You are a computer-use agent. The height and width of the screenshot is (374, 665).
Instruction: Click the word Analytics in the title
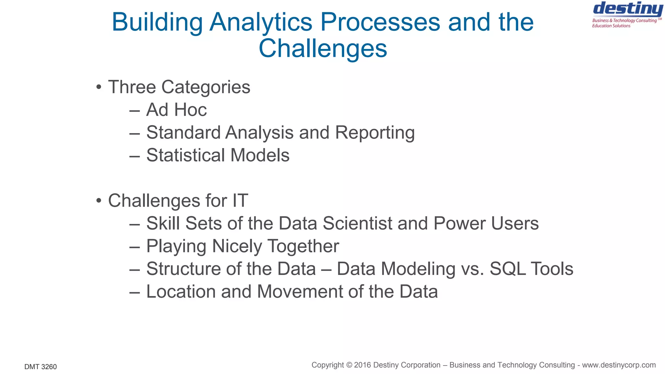coord(261,22)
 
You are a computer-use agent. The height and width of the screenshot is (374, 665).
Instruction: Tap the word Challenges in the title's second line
coord(323,48)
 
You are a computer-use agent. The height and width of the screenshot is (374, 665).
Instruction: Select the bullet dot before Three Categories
coord(99,87)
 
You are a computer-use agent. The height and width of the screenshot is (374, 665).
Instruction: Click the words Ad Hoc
coord(176,110)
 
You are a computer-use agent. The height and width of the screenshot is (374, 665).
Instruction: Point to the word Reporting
coord(375,133)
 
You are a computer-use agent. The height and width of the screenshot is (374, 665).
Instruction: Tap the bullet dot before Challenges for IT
coord(99,201)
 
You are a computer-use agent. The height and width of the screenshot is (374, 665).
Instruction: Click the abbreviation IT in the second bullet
coord(240,201)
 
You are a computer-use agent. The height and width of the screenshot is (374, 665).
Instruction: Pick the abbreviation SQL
coord(508,269)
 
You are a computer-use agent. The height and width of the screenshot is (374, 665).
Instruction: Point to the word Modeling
coord(418,269)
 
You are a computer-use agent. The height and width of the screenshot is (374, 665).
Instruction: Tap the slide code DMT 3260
coord(41,367)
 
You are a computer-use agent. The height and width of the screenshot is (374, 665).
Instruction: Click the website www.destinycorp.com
coord(619,365)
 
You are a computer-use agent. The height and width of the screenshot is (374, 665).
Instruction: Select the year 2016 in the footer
coord(363,365)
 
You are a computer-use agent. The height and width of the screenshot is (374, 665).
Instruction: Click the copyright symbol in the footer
coord(349,365)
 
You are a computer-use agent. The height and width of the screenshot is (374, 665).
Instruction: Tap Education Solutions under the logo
coord(611,26)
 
